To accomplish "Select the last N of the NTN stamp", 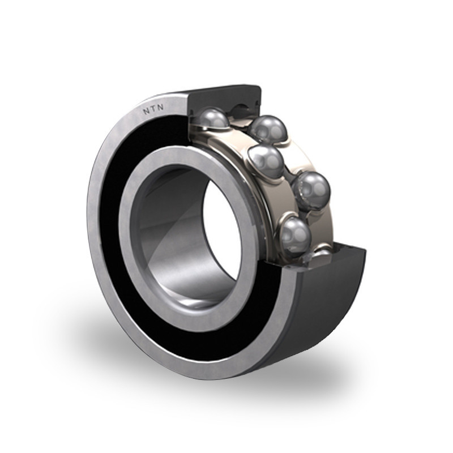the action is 160,108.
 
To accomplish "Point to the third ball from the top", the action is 266,161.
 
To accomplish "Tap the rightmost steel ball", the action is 311,189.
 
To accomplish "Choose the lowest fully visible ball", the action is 295,234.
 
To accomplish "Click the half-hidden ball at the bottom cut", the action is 321,252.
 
